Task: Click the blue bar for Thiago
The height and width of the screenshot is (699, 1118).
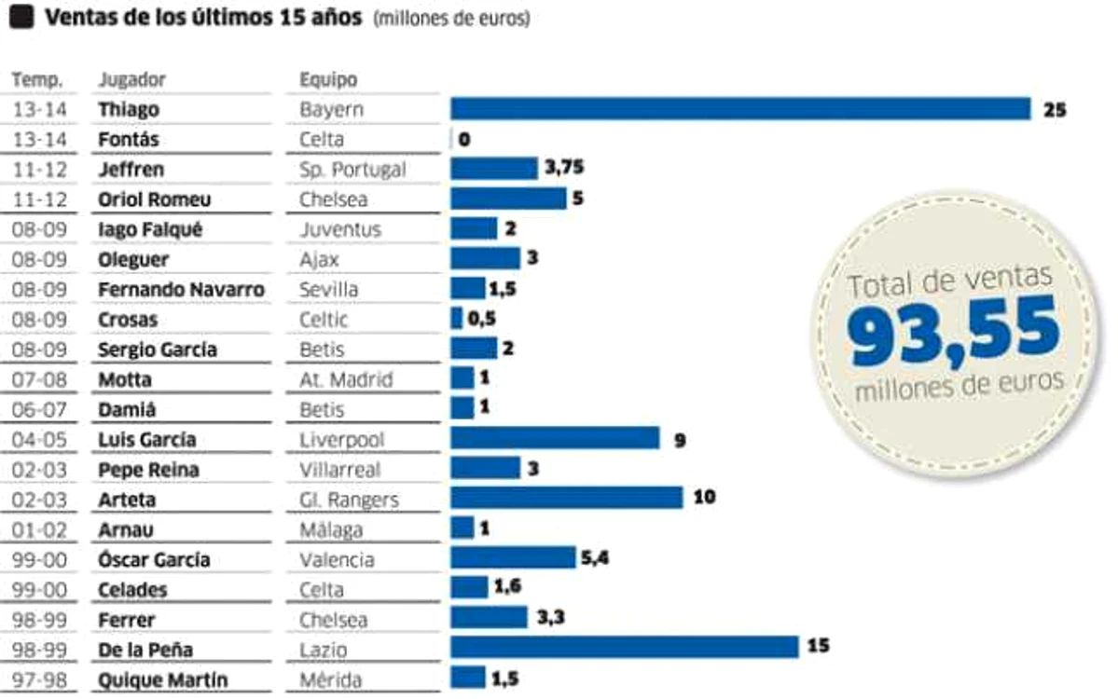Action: point(740,109)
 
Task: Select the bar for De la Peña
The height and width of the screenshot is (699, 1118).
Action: point(624,647)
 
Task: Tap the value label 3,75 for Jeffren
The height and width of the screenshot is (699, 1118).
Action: point(564,167)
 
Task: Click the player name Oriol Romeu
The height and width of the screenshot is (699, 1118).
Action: point(155,199)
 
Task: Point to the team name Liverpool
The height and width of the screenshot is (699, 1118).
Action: point(341,440)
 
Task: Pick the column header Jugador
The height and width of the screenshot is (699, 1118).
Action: point(131,79)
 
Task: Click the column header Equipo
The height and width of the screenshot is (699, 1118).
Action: point(328,79)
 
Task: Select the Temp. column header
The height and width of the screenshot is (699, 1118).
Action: point(37,79)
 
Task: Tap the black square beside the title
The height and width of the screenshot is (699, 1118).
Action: point(21,17)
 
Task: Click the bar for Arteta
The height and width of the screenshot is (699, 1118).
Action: point(566,498)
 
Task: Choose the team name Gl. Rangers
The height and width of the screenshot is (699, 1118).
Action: point(349,500)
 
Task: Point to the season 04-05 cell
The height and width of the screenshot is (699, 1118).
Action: point(39,440)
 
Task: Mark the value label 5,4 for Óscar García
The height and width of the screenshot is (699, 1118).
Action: point(595,557)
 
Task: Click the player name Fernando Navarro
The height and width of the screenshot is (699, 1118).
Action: point(181,289)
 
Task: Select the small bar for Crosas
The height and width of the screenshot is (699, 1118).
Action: point(456,318)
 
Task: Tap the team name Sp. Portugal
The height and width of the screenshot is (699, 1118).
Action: point(352,170)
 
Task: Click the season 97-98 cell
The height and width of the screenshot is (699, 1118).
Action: point(39,679)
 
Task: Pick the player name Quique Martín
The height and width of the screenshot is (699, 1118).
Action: point(162,679)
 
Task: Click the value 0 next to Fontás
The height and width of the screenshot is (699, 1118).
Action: point(464,139)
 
